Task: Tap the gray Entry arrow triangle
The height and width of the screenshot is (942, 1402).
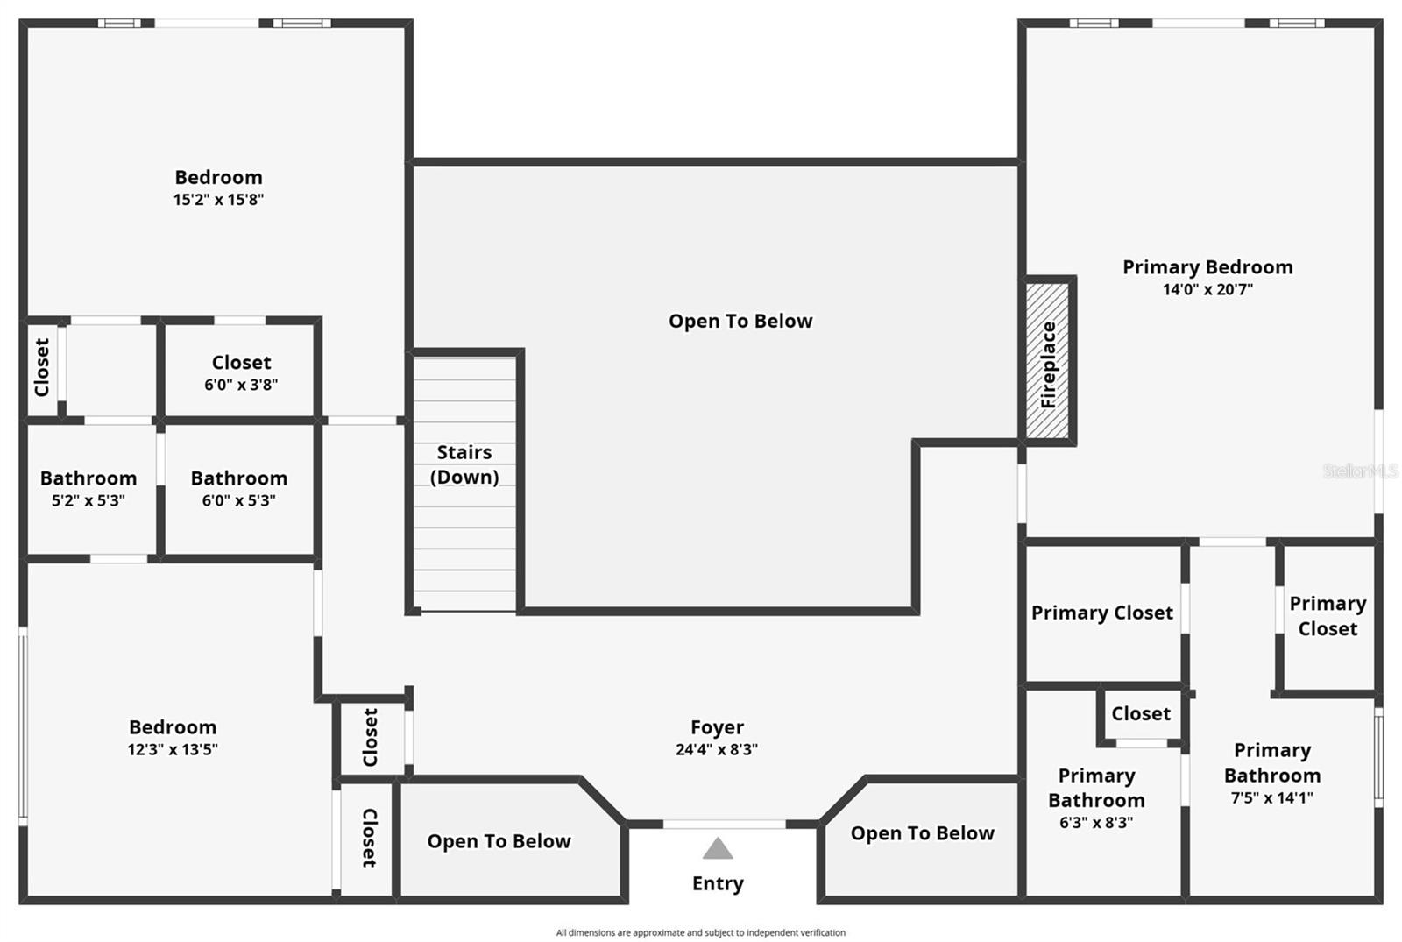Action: [718, 848]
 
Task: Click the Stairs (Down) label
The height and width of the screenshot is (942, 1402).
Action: [464, 464]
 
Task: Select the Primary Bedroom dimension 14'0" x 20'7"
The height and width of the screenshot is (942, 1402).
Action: [1207, 290]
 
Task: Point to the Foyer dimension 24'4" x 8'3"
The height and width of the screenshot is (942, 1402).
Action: [717, 750]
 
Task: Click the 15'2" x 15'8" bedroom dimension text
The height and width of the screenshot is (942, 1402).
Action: [218, 200]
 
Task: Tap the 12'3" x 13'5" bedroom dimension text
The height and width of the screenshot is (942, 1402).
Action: [173, 750]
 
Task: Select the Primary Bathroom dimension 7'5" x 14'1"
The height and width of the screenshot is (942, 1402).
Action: [1271, 798]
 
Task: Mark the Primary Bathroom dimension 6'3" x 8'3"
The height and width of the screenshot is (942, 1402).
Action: [1096, 823]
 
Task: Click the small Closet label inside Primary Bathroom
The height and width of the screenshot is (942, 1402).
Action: [1141, 714]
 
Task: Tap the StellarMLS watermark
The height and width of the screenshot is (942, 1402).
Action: [1360, 471]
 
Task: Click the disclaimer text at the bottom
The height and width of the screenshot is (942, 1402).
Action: [700, 932]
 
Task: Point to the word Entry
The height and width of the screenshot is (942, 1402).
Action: [718, 883]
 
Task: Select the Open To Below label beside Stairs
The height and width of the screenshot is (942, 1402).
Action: [740, 322]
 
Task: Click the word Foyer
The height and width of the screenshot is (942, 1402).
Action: [717, 727]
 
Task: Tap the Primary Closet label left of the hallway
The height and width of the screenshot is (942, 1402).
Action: [1101, 613]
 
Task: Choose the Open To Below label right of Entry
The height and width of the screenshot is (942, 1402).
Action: [922, 833]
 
